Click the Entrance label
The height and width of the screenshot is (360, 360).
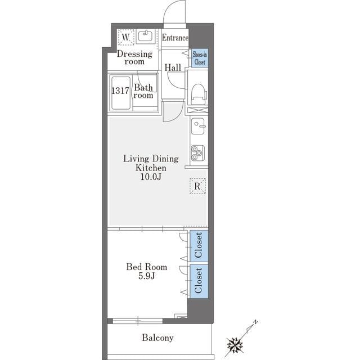[x=175, y=38]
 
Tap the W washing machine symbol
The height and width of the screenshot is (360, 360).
[x=125, y=37]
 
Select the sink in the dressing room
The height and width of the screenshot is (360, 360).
[x=145, y=36]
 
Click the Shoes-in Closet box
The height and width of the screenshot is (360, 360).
[x=200, y=58]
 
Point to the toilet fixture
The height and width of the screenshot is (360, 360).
[x=198, y=94]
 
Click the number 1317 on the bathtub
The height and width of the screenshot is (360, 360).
[x=120, y=91]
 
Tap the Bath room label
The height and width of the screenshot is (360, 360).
[x=143, y=91]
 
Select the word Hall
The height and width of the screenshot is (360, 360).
[x=173, y=67]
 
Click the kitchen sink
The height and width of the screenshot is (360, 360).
[x=198, y=126]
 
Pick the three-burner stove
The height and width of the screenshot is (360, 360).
[x=198, y=153]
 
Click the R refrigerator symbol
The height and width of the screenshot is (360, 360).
[x=197, y=186]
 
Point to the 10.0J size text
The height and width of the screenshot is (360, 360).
[x=151, y=177]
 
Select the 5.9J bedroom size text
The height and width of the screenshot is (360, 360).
[x=146, y=276]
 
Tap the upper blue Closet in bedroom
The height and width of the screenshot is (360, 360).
[x=199, y=246]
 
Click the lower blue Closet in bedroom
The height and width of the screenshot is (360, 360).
[x=199, y=281]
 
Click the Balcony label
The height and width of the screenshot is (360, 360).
[x=157, y=338]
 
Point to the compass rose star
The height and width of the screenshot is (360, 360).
[x=235, y=345]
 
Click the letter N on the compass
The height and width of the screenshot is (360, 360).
[x=255, y=322]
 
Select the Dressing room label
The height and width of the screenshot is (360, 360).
[x=134, y=57]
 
